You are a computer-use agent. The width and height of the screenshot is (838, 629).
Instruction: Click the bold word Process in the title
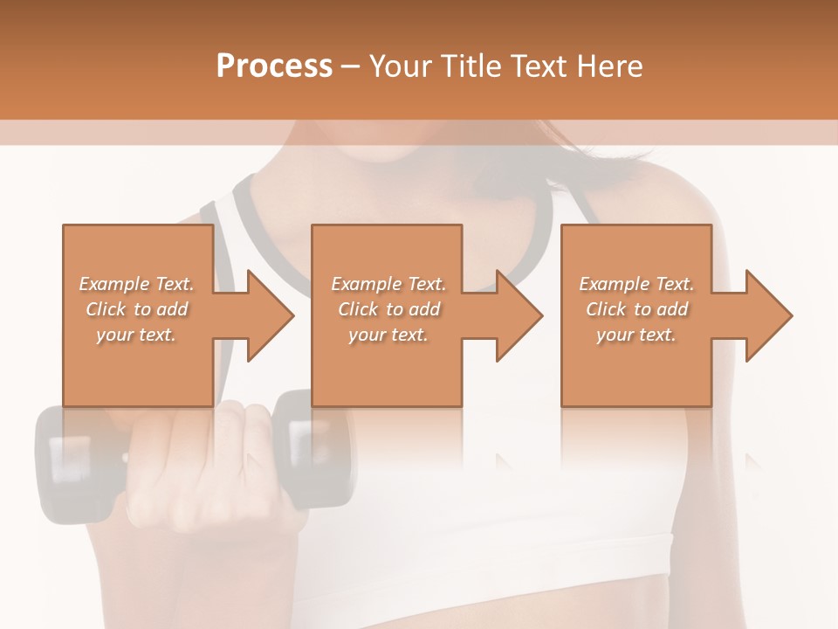click(x=274, y=66)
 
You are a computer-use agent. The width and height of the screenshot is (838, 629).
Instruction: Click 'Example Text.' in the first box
click(x=136, y=284)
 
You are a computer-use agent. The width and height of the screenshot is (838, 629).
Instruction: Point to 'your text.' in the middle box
click(x=388, y=335)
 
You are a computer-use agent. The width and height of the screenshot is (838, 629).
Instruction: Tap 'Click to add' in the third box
click(x=637, y=309)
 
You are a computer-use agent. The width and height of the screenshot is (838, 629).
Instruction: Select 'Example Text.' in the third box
click(x=636, y=284)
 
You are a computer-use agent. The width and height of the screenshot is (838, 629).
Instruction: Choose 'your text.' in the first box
click(x=136, y=335)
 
